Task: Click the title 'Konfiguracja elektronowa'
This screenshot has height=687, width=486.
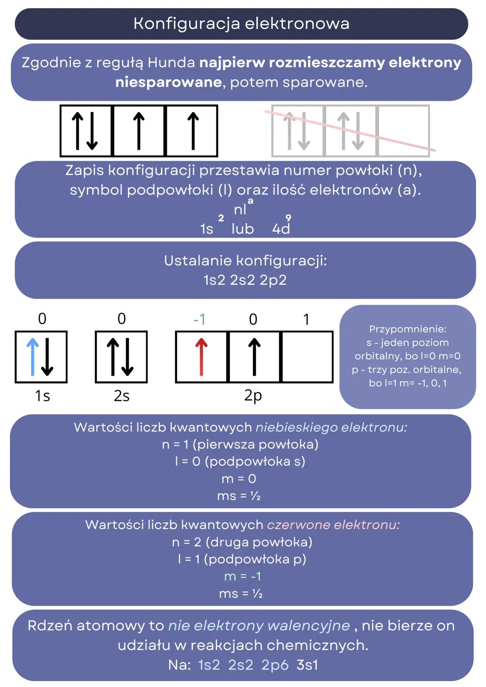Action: click(x=241, y=23)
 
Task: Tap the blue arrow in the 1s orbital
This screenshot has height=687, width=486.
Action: click(x=32, y=357)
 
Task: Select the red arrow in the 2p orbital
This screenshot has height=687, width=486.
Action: click(x=201, y=357)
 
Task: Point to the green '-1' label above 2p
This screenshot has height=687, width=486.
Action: click(x=199, y=319)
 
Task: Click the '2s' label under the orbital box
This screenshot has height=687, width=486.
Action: click(x=121, y=396)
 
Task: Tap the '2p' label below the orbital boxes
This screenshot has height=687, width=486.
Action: click(x=253, y=395)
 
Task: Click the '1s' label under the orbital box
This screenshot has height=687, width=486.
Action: click(x=42, y=396)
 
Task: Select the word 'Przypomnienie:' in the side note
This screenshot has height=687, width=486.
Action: click(x=407, y=329)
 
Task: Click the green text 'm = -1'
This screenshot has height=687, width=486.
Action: click(x=243, y=576)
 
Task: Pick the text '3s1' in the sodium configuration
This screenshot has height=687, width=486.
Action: click(x=307, y=665)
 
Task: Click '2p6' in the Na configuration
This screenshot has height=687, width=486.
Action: click(x=274, y=665)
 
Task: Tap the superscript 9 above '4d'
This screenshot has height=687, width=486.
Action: click(x=288, y=218)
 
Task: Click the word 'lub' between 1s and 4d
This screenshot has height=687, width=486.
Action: click(x=243, y=229)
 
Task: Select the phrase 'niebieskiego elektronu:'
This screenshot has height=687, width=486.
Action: click(x=331, y=427)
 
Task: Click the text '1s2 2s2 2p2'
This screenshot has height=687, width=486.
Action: click(x=245, y=280)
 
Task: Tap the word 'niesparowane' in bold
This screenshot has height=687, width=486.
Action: click(x=168, y=82)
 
